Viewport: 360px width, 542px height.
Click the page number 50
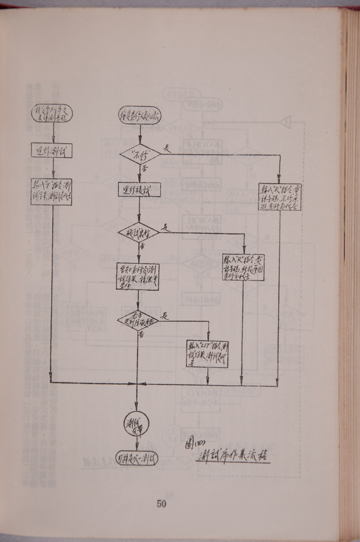(162, 504)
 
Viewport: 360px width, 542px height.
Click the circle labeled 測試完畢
(136, 423)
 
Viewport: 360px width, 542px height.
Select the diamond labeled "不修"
(140, 154)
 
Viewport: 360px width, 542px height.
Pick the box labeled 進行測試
(52, 150)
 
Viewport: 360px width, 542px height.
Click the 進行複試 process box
(139, 190)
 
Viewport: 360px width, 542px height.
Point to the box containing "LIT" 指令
(207, 354)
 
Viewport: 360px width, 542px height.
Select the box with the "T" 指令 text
(52, 192)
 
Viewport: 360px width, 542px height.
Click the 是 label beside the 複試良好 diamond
(166, 228)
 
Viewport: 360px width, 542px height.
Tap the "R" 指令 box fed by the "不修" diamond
(279, 197)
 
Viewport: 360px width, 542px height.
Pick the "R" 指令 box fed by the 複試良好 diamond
(243, 268)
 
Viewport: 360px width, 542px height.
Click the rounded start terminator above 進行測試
(52, 112)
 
